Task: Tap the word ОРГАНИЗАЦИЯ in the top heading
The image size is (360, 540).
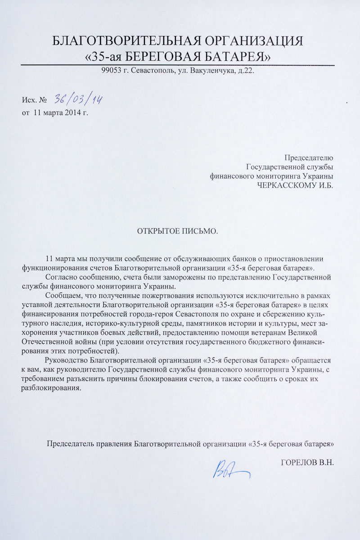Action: click(x=254, y=42)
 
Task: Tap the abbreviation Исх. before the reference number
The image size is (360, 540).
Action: click(x=29, y=100)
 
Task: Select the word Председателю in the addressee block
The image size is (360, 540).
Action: click(x=309, y=158)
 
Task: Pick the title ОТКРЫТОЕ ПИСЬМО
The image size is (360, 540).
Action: click(x=177, y=232)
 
